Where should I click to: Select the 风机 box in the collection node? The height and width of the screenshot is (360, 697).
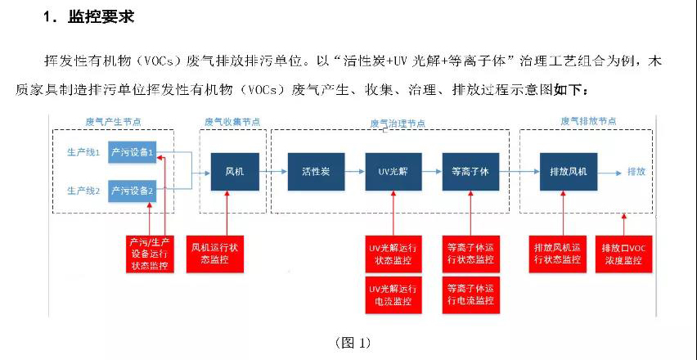tap(235, 172)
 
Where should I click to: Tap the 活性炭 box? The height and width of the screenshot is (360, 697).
tap(314, 172)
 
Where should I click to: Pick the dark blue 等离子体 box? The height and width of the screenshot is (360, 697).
tap(470, 172)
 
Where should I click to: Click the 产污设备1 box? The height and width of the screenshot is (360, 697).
tap(132, 152)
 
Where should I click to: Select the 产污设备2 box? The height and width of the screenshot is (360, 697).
tap(132, 191)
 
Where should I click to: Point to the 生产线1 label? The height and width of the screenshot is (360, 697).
tap(83, 153)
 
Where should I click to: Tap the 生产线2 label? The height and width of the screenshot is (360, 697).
tap(83, 191)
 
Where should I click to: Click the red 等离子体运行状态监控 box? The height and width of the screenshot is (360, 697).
tap(470, 253)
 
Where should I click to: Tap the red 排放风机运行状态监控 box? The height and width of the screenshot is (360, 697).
tap(557, 253)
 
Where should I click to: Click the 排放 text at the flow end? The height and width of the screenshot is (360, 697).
tap(636, 172)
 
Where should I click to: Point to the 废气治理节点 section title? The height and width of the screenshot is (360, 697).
tap(398, 123)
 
